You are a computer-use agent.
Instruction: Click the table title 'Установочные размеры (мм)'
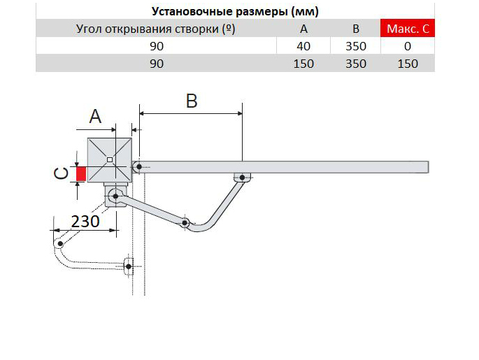pyautogui.click(x=235, y=11)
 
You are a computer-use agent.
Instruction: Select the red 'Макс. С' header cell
pyautogui.click(x=407, y=29)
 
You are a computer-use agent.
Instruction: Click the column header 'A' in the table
pyautogui.click(x=303, y=29)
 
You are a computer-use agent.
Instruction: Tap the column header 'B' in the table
pyautogui.click(x=355, y=29)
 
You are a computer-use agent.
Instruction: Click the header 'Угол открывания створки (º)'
pyautogui.click(x=155, y=29)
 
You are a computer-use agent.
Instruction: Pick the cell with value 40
pyautogui.click(x=303, y=46)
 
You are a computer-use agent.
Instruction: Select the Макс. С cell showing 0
pyautogui.click(x=407, y=46)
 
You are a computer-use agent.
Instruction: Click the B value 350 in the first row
pyautogui.click(x=355, y=46)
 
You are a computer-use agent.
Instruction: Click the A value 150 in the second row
pyautogui.click(x=303, y=64)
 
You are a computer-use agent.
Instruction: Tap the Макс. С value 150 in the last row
pyautogui.click(x=407, y=64)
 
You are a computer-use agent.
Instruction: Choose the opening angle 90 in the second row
pyautogui.click(x=155, y=64)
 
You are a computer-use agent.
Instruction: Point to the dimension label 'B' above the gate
pyautogui.click(x=191, y=101)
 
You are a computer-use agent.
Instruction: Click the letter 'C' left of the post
pyautogui.click(x=62, y=173)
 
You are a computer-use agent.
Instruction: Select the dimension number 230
pyautogui.click(x=85, y=221)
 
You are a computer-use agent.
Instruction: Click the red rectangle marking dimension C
pyautogui.click(x=82, y=173)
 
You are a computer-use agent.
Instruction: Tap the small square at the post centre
pyautogui.click(x=109, y=160)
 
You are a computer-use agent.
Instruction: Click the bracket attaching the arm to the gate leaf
pyautogui.click(x=241, y=178)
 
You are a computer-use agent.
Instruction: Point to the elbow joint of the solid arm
pyautogui.click(x=184, y=223)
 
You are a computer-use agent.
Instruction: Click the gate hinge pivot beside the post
pyautogui.click(x=139, y=166)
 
